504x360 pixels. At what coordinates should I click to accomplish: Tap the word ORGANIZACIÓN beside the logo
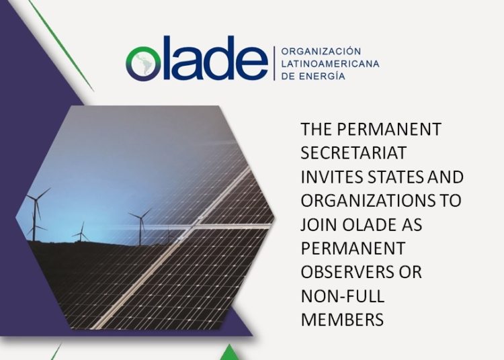tap(321, 51)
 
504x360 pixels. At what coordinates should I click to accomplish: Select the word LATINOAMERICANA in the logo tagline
tap(330, 64)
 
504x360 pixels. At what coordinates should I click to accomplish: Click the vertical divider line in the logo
tap(274, 63)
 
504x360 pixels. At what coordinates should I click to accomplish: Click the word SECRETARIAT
tap(353, 153)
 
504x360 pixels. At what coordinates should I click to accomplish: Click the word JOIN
tap(319, 224)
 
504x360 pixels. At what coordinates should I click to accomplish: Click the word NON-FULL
tap(343, 296)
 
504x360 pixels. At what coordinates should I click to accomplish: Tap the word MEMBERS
tap(342, 320)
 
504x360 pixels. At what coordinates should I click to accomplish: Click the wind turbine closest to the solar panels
tap(140, 227)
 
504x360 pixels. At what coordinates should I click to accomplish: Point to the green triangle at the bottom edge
tap(230, 353)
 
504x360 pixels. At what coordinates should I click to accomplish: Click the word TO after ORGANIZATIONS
tap(450, 200)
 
